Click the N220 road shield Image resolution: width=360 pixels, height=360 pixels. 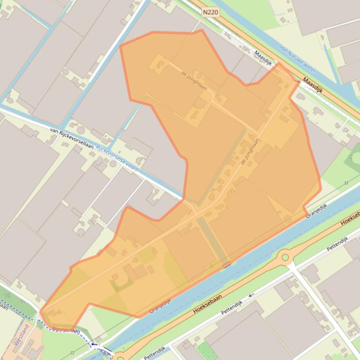click(211, 12)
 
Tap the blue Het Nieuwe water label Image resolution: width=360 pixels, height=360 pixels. click(298, 60)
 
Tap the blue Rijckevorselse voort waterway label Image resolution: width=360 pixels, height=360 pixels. click(117, 157)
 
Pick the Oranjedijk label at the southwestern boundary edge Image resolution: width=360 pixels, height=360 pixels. click(161, 306)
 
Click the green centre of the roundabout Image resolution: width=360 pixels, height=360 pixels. click(285, 257)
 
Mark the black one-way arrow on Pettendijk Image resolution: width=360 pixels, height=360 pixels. click(251, 295)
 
